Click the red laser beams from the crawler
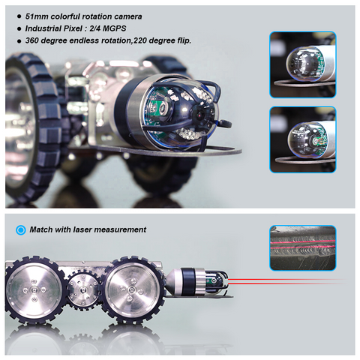pyautogui.click(x=277, y=283)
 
